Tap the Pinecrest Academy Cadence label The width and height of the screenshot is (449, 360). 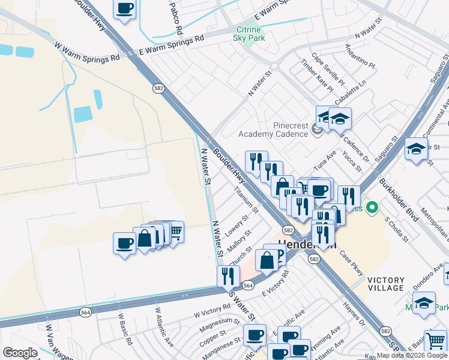coord(273,130)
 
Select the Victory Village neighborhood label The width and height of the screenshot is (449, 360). coord(390,284)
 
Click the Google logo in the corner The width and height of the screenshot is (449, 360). coord(20,353)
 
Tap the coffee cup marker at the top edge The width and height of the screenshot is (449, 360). coord(124,9)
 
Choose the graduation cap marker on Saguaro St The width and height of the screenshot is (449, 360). coord(416,148)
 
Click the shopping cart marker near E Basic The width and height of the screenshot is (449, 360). coord(435,340)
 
